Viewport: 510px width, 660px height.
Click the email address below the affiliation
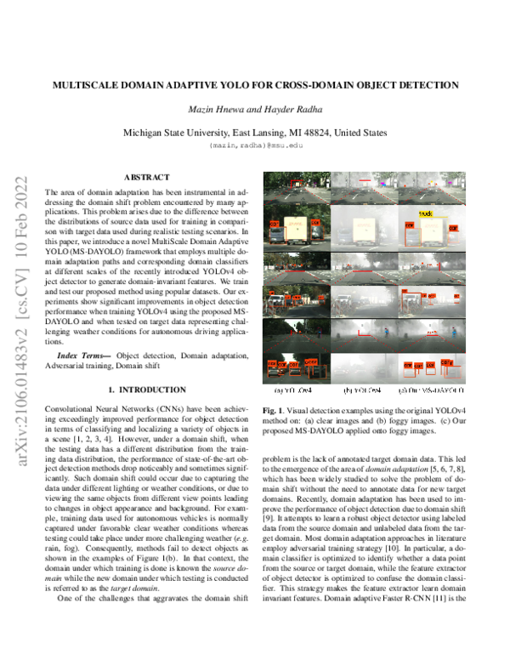click(255, 146)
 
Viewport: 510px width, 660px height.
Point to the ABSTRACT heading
click(146, 177)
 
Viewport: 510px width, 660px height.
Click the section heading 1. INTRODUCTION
click(146, 390)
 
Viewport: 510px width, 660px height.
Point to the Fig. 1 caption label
click(274, 410)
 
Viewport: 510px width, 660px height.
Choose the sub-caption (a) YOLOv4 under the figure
click(295, 391)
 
